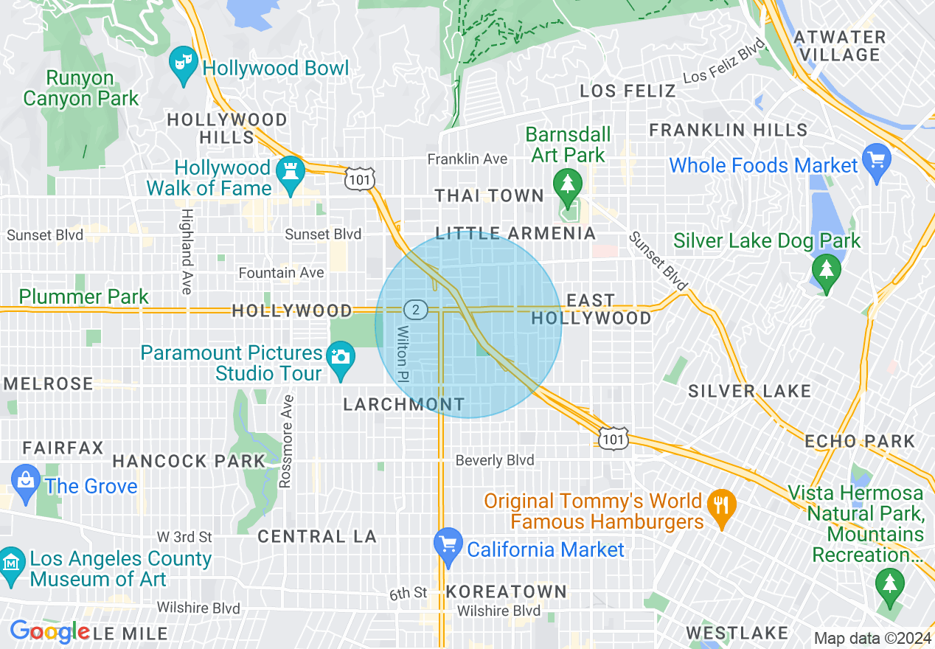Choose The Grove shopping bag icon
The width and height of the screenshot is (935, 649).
26,481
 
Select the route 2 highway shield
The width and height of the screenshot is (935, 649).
416,310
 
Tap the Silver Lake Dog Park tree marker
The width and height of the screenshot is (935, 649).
826,269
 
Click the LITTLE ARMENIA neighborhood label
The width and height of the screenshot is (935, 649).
515,234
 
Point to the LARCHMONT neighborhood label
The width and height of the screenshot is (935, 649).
404,404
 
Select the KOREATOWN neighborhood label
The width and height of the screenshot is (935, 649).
506,591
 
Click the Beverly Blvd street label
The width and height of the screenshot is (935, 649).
494,460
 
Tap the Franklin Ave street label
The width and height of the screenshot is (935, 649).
467,159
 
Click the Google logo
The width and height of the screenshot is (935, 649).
49,631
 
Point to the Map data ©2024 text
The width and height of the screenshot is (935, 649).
872,638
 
